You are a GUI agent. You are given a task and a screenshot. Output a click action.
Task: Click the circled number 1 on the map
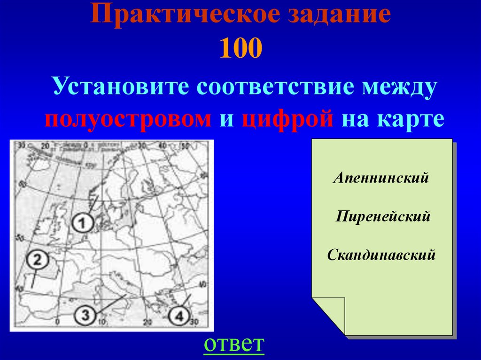coord(83,222)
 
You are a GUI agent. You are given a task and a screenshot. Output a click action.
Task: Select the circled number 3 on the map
coord(85,314)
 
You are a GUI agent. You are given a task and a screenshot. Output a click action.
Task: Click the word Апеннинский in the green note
coord(381,178)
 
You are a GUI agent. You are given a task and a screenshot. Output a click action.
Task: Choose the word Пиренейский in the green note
coord(383,217)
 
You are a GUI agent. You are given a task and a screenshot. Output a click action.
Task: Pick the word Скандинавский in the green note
coord(381,256)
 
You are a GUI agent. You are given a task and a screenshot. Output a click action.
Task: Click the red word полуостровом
coord(128,119)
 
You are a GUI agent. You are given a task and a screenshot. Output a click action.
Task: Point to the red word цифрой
coord(288,119)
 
